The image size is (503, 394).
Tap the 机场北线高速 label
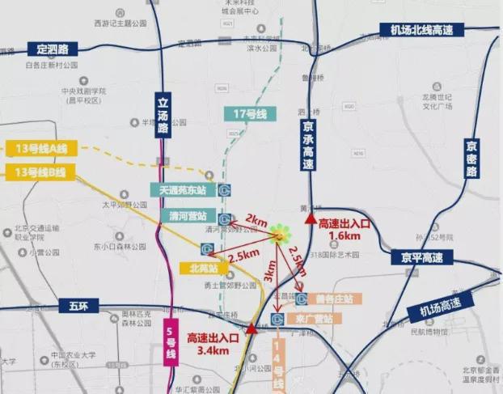(421, 30)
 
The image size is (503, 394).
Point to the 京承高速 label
(307, 146)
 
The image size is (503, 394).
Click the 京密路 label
(471, 159)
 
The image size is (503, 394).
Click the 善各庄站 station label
(334, 299)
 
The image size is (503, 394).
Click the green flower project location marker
(280, 234)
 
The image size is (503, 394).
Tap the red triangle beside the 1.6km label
(308, 219)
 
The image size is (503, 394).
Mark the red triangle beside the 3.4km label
(252, 328)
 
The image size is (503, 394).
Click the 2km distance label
(256, 220)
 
